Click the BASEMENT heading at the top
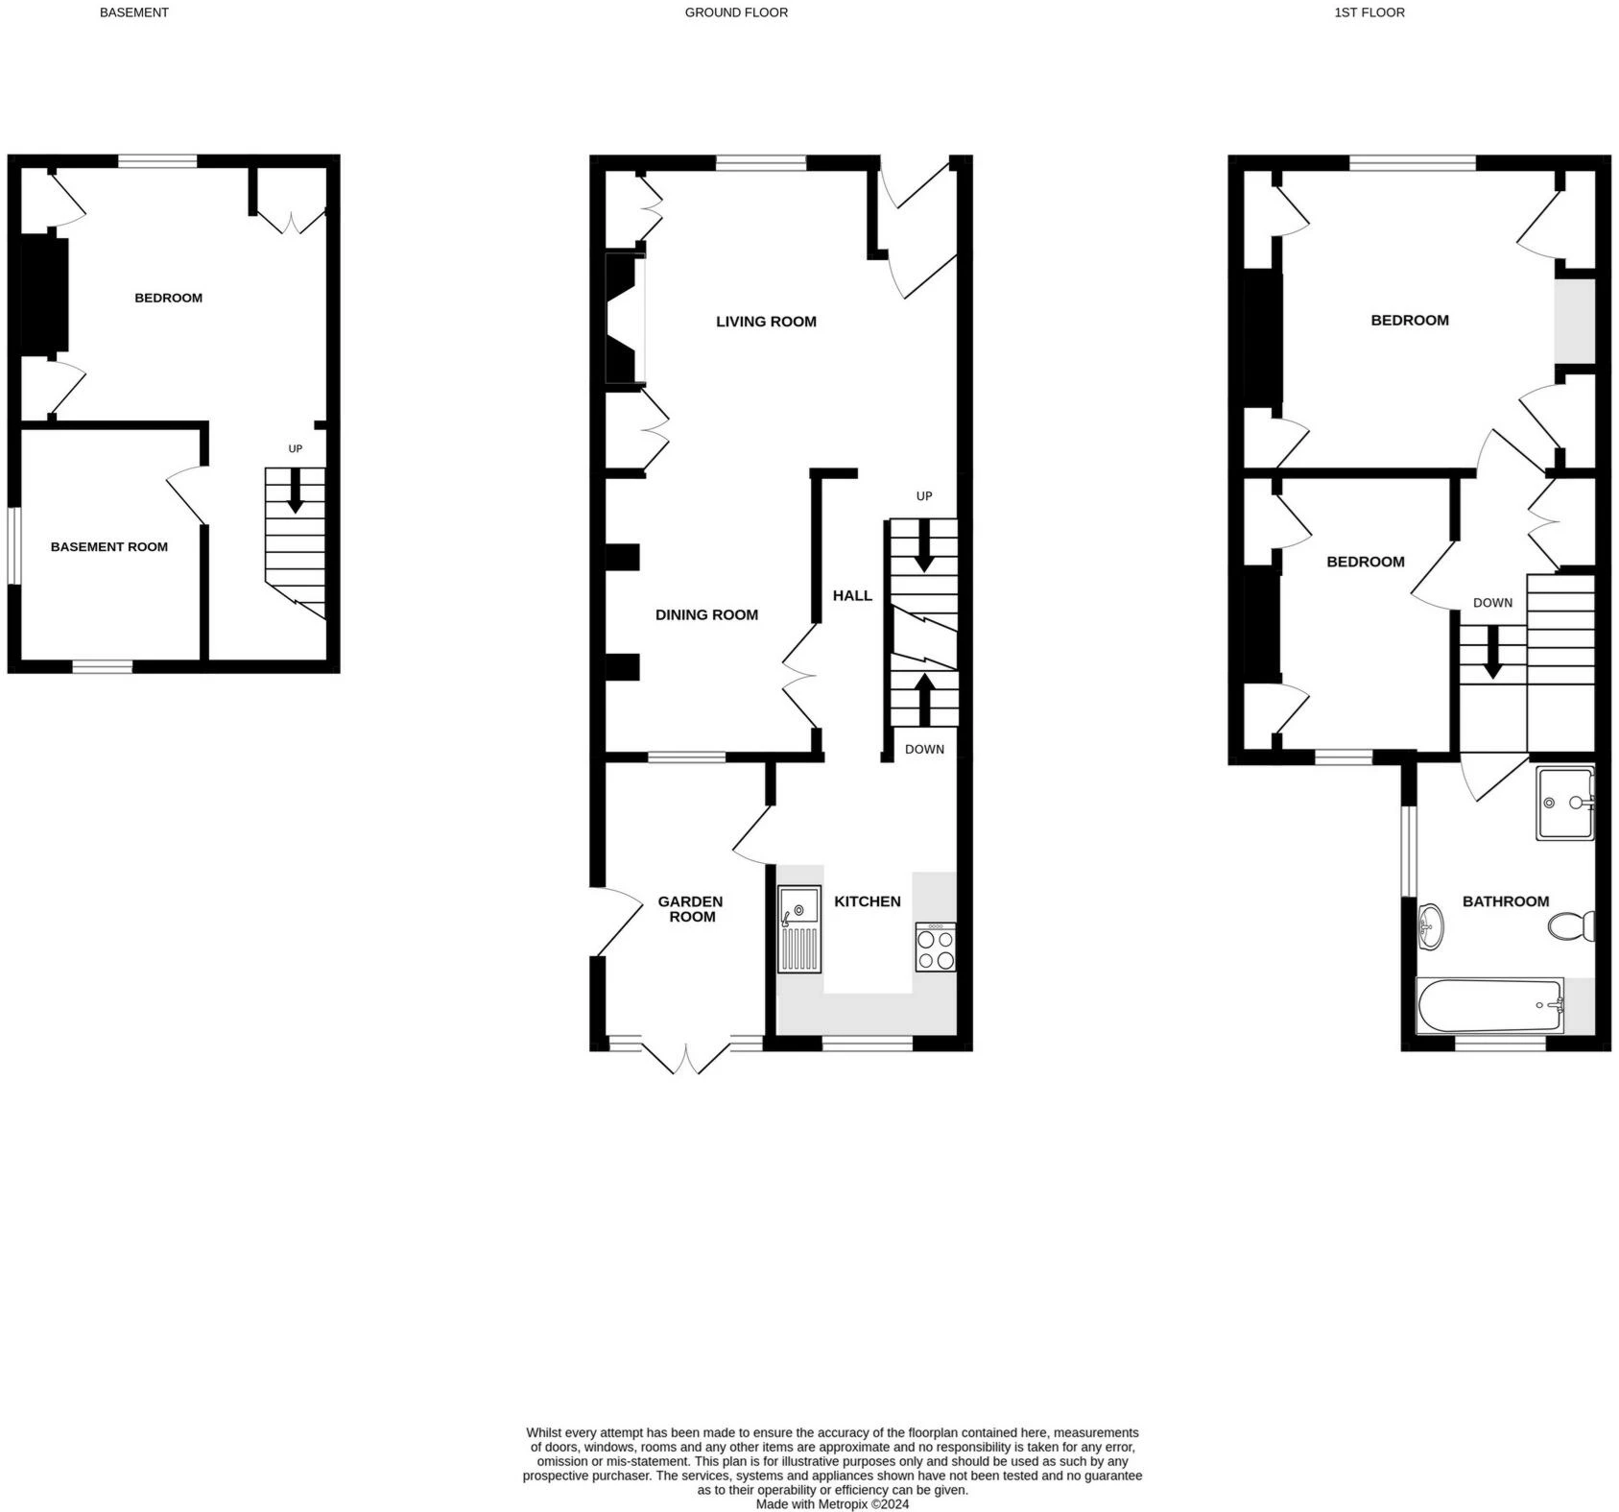[134, 12]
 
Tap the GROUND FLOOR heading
[736, 12]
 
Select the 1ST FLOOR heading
[1369, 12]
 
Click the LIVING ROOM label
[766, 322]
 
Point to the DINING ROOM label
[706, 615]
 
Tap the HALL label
[852, 596]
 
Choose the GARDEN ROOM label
[691, 909]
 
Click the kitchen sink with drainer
[799, 929]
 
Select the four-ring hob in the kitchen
[936, 948]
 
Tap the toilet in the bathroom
[1572, 926]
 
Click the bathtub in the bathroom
[1490, 1006]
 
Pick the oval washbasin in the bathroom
[1429, 926]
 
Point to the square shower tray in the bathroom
[1565, 803]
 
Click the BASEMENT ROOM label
[109, 547]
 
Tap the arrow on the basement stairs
[296, 490]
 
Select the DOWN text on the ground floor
[924, 750]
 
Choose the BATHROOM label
[1506, 901]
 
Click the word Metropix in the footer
[843, 1504]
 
